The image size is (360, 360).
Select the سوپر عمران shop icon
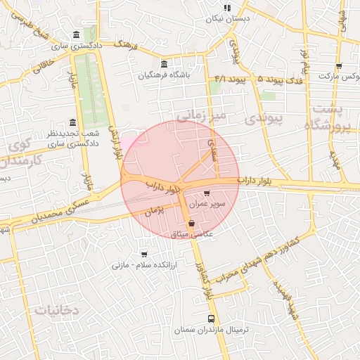[206, 193]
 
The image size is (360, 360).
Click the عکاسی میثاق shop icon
[192, 223]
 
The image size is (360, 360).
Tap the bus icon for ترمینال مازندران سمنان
[212, 319]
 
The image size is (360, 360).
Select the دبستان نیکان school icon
[226, 8]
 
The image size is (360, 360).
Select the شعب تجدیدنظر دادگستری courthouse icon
[74, 122]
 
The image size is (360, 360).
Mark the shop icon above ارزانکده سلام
[144, 254]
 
